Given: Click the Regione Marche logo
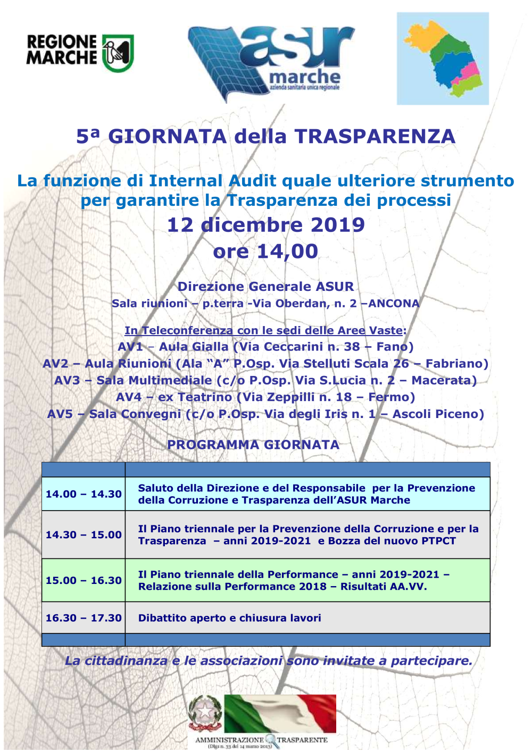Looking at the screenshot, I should click(80, 53).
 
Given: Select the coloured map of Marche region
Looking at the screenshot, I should click(443, 59).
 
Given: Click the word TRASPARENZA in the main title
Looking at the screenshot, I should click(375, 137).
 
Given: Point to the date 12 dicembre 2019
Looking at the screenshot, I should click(266, 225).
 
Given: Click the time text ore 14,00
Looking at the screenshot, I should click(266, 251).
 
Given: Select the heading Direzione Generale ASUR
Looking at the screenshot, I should click(266, 287).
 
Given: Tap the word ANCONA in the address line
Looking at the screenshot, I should click(394, 304).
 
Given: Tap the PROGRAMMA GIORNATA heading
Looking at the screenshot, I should click(253, 445).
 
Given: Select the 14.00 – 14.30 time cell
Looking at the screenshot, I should click(84, 494).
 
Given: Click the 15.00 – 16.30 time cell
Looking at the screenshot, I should click(84, 580).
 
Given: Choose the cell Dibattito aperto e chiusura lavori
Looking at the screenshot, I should click(230, 618).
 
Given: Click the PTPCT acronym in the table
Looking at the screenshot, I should click(438, 541).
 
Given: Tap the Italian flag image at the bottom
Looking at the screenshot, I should click(280, 714).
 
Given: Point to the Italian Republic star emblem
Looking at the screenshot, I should click(205, 713).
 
